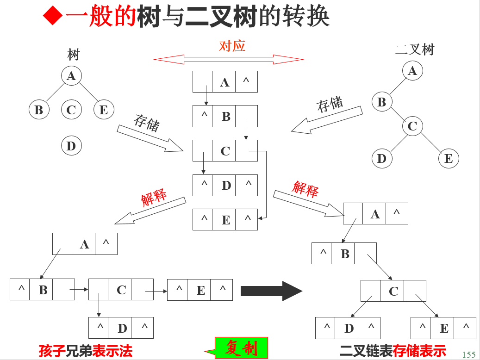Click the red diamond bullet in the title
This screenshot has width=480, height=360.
click(52, 17)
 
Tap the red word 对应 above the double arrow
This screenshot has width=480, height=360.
click(232, 45)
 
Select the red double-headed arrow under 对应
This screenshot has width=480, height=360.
click(228, 59)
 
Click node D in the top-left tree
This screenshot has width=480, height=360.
click(71, 146)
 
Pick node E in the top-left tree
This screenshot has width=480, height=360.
click(104, 110)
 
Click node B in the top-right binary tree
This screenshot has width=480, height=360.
click(382, 102)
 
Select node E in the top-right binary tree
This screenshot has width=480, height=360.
click(448, 159)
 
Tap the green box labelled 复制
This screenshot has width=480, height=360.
click(241, 348)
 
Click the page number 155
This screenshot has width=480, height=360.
click(468, 354)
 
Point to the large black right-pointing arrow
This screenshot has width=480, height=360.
click(271, 291)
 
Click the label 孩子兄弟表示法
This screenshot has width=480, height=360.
click(86, 351)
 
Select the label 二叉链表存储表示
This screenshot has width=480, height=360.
click(393, 351)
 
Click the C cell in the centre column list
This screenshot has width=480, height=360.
click(225, 151)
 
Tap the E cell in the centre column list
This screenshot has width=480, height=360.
click(225, 220)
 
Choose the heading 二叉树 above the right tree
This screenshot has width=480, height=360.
click(415, 50)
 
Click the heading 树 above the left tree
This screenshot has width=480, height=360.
click(73, 55)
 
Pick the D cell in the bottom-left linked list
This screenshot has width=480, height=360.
click(122, 328)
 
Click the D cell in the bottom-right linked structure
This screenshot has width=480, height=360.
click(349, 328)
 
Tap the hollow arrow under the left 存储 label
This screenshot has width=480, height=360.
click(150, 138)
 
